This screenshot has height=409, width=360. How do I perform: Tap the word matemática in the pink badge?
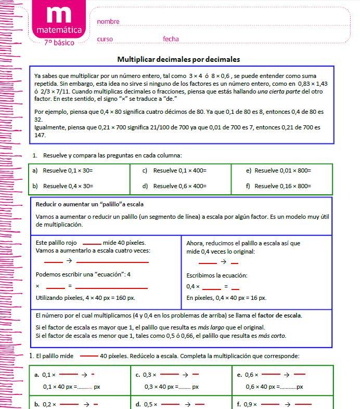pyautogui.click(x=59, y=31)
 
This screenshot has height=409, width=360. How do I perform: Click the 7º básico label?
pyautogui.click(x=59, y=43)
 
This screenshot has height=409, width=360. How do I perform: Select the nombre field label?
pyautogui.click(x=108, y=22)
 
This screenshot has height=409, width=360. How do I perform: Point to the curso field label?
pyautogui.click(x=105, y=39)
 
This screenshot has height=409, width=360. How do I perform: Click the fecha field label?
pyautogui.click(x=171, y=39)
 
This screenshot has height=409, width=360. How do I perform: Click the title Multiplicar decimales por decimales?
pyautogui.click(x=178, y=59)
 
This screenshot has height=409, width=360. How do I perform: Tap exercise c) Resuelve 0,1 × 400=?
pyautogui.click(x=179, y=170)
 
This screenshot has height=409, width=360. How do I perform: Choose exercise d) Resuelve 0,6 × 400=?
pyautogui.click(x=179, y=186)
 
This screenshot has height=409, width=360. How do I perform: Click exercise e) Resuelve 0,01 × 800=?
pyautogui.click(x=282, y=170)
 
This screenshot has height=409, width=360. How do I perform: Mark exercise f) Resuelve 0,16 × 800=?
pyautogui.click(x=282, y=186)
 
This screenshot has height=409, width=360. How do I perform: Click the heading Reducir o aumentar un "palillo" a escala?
pyautogui.click(x=89, y=204)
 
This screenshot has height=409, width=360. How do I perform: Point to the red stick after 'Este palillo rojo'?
pyautogui.click(x=92, y=243)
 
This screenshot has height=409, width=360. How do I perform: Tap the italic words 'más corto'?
pyautogui.click(x=272, y=336)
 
